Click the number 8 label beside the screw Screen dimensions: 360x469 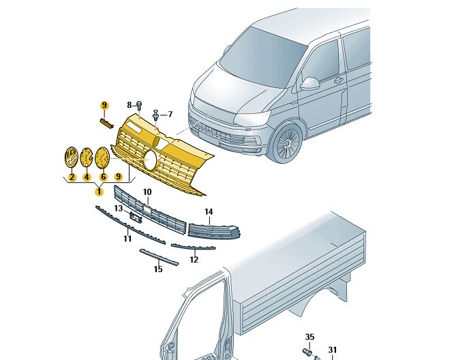(129, 104)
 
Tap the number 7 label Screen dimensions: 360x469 (170, 114)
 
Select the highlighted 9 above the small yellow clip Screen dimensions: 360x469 (105, 105)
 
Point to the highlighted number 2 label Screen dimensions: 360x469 (71, 177)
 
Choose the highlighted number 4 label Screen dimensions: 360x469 (87, 177)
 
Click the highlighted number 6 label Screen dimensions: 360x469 (104, 177)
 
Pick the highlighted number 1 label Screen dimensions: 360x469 (99, 192)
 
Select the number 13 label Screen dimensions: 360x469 (119, 208)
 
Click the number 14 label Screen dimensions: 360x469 (209, 212)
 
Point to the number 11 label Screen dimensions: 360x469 (127, 239)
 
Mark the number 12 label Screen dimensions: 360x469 (194, 259)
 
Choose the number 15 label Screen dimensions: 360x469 (158, 269)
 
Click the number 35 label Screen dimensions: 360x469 (309, 337)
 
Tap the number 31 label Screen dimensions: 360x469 (333, 350)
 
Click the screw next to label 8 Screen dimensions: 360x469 (139, 105)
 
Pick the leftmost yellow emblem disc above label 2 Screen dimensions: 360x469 (71, 157)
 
